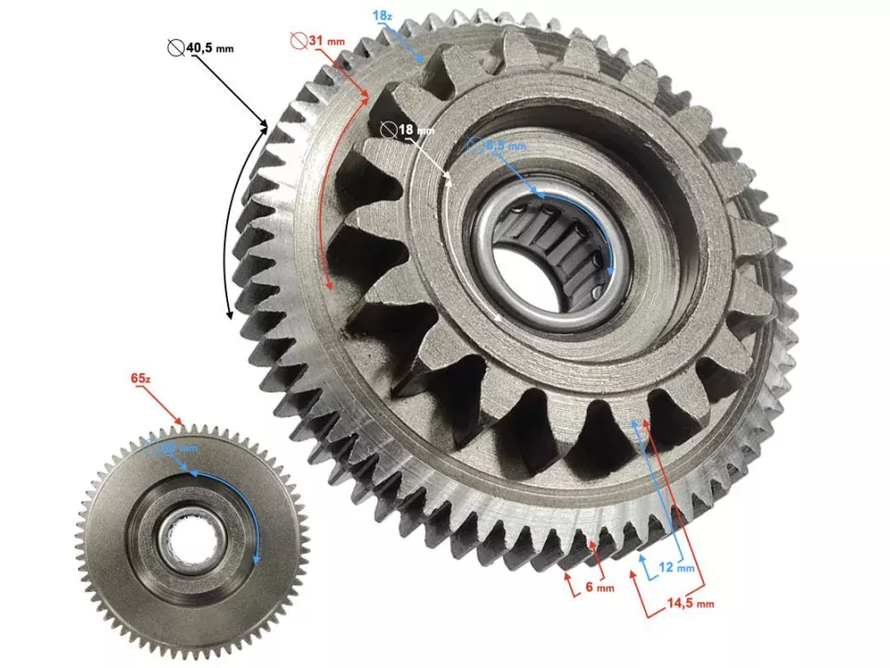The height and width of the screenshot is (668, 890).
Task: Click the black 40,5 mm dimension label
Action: (210, 47)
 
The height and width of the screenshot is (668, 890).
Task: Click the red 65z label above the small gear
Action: (140, 378)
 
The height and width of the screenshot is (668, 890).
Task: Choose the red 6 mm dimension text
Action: (598, 587)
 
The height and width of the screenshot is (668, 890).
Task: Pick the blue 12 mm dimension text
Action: (679, 567)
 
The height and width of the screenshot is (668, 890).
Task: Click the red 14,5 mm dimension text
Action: (692, 603)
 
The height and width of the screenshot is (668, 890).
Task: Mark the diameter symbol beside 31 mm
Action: (298, 42)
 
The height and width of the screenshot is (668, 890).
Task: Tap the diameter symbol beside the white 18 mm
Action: (388, 130)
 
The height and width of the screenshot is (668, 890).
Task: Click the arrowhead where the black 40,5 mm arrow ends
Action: (266, 123)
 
